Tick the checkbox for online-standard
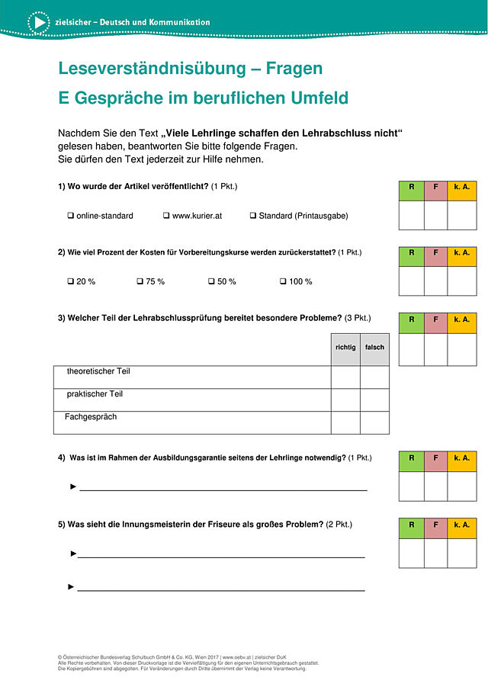pyautogui.click(x=71, y=216)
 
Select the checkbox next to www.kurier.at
pyautogui.click(x=166, y=216)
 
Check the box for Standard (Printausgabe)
pyautogui.click(x=253, y=216)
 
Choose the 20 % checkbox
pyautogui.click(x=71, y=281)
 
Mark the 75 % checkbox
pyautogui.click(x=140, y=281)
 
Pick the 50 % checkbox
pyautogui.click(x=212, y=281)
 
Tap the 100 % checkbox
pyautogui.click(x=283, y=281)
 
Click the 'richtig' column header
pyautogui.click(x=345, y=348)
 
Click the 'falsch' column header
pyautogui.click(x=374, y=348)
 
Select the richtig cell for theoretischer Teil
pyautogui.click(x=345, y=377)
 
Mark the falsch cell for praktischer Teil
pyautogui.click(x=374, y=400)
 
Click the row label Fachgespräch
pyautogui.click(x=91, y=417)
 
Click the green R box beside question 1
pyautogui.click(x=412, y=191)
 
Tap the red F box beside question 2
pyautogui.click(x=435, y=252)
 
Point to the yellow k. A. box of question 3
pyautogui.click(x=461, y=319)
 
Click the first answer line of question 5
pyautogui.click(x=221, y=557)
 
